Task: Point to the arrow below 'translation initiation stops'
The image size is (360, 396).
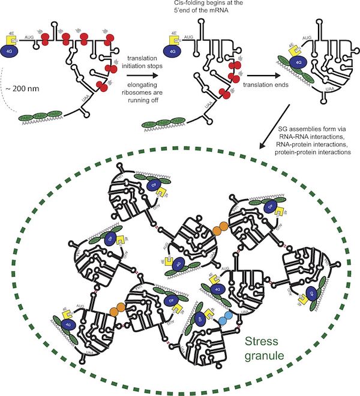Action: pos(144,76)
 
